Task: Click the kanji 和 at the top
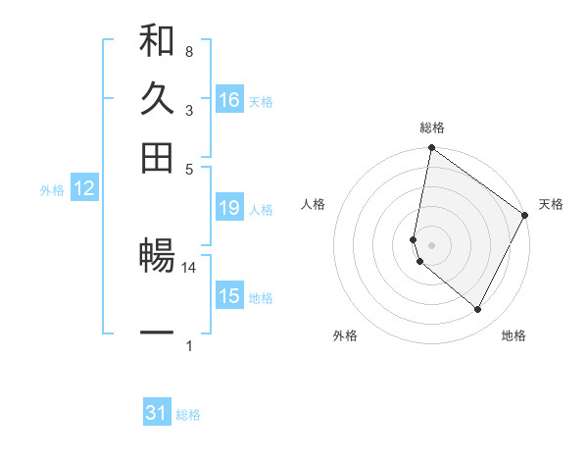point(157,42)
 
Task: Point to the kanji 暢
point(157,258)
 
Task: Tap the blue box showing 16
point(229,99)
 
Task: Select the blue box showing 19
point(229,208)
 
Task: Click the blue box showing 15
point(229,296)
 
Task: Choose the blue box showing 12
point(84,189)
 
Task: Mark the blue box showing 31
point(157,413)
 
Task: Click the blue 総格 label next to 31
point(188,415)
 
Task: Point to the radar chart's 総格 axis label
point(432,128)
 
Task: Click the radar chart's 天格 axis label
point(551,204)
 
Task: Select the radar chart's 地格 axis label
point(514,335)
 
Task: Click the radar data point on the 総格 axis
point(431,149)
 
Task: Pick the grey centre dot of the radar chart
point(431,244)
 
